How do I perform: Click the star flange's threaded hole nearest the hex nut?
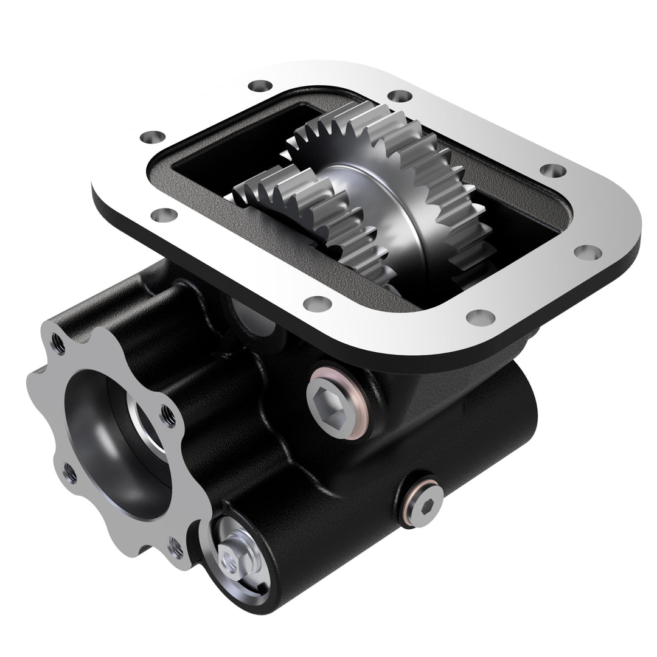click(x=177, y=547)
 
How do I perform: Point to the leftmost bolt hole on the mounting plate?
click(x=152, y=137)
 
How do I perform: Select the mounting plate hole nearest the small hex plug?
click(x=480, y=316)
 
